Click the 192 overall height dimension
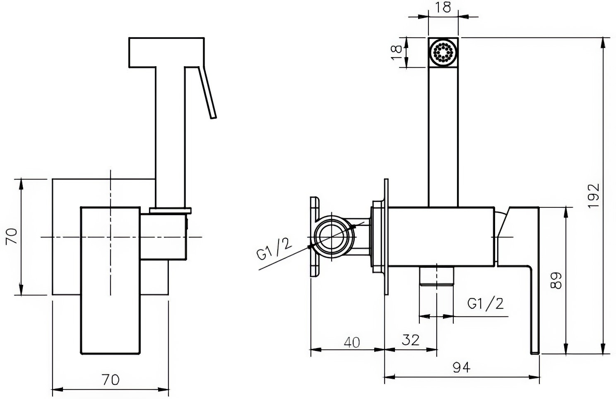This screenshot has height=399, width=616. coord(593,196)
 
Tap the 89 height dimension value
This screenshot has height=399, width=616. coord(556,281)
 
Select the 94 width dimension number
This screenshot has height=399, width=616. coord(462,368)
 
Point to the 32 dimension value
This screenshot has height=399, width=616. coord(411,340)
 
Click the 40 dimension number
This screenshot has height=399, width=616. coord(352,342)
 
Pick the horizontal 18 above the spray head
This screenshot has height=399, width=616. coord(443,7)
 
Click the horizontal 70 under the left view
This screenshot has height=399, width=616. coord(111,380)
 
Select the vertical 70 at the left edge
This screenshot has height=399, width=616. coord(11,236)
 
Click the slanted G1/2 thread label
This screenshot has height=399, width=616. coord(274,249)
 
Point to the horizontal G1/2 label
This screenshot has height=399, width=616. coord(485,303)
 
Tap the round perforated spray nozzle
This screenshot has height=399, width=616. coord(443,52)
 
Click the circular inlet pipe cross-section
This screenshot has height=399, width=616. coord(332,237)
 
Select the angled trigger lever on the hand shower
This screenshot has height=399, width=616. coord(208,93)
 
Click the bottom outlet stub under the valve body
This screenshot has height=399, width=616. coord(436,276)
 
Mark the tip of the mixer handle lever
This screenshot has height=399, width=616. coord(535,353)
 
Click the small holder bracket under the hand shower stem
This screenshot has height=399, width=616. coord(171,211)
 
